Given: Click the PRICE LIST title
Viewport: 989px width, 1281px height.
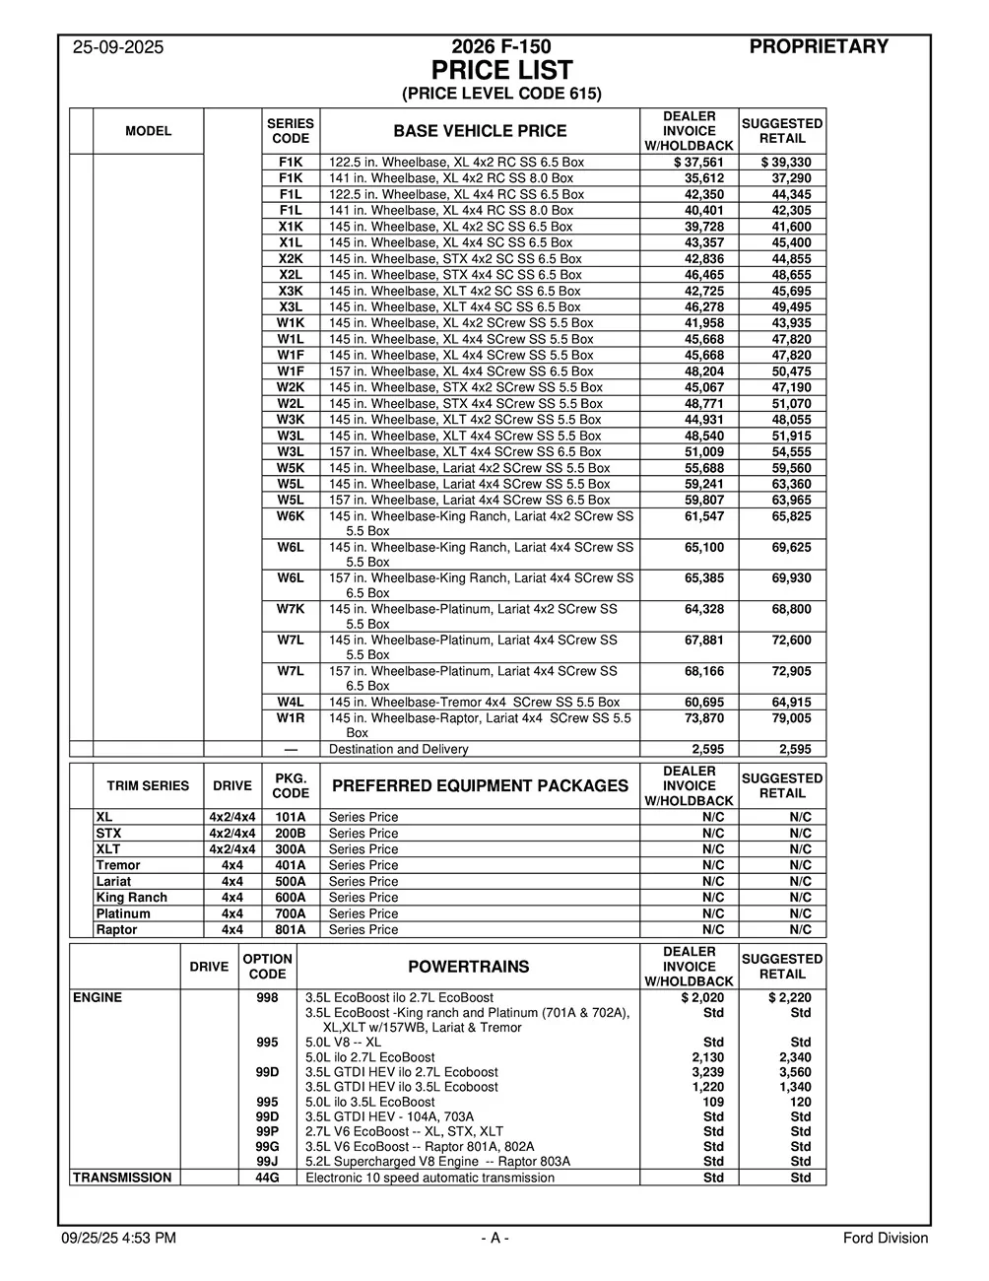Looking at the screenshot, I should [x=501, y=71].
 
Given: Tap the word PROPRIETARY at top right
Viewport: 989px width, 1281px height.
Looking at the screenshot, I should [x=819, y=46].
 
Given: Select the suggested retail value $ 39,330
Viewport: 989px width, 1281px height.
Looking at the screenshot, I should [x=786, y=163].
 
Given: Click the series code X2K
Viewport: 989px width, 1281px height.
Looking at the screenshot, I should [x=291, y=259].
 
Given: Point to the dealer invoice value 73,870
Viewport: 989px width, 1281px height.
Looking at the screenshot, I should [x=704, y=718].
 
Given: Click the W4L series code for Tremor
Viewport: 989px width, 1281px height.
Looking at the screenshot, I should [x=291, y=703].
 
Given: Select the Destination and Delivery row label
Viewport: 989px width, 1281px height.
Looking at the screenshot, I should [x=398, y=749].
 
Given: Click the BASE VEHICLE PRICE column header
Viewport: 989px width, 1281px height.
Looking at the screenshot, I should [x=480, y=131].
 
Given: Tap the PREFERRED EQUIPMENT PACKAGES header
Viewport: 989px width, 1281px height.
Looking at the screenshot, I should [x=480, y=786].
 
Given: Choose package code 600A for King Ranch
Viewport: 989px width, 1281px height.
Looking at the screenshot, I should [x=291, y=898].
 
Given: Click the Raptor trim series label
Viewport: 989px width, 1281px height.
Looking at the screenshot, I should [x=116, y=929].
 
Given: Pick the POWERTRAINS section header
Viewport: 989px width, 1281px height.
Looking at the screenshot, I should [x=468, y=967].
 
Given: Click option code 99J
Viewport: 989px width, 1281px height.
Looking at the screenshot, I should [x=267, y=1162].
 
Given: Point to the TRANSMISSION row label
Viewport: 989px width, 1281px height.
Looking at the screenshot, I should [x=121, y=1178].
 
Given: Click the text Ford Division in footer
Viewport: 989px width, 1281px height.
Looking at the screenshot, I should [x=885, y=1239].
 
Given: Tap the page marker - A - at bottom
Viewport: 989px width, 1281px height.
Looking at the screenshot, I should [x=494, y=1239].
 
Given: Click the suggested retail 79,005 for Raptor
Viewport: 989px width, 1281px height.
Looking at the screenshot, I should [x=791, y=718].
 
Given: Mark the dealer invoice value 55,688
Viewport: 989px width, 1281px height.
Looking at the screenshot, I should [x=704, y=468].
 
